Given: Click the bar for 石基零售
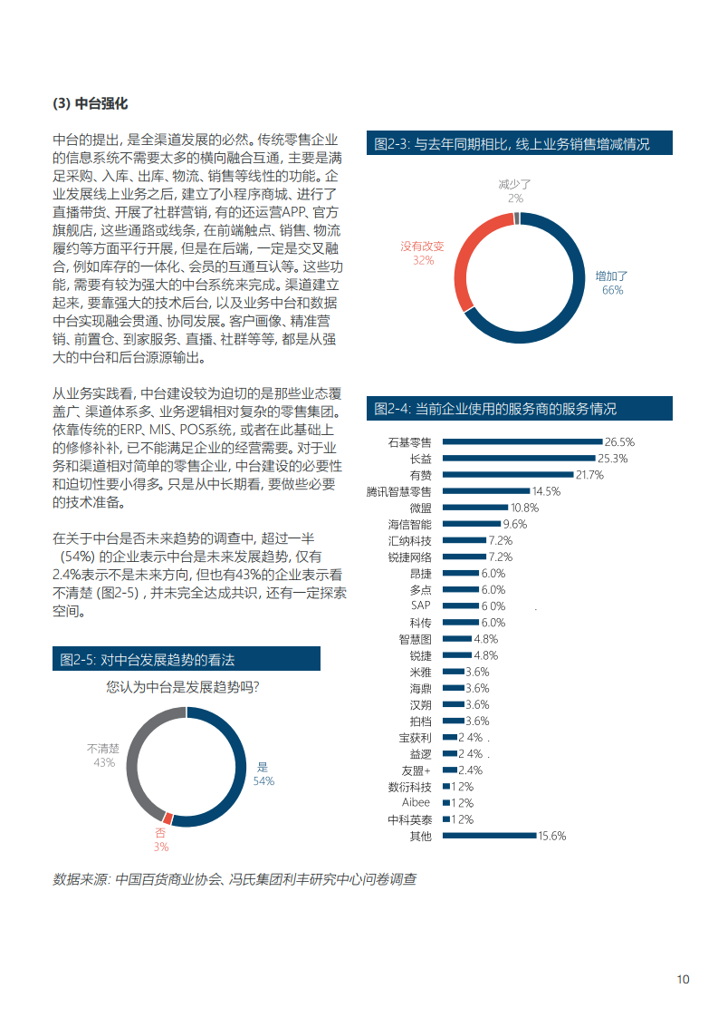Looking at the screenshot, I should [522, 441].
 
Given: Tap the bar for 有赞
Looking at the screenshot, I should [509, 475].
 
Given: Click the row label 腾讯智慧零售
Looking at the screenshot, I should [399, 491].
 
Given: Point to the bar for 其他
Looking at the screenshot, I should [490, 836].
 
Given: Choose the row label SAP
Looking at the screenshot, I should [421, 605].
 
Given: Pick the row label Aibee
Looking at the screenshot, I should [416, 803].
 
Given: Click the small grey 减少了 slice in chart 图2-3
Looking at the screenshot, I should [516, 218].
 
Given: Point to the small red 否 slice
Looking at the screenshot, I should [168, 818].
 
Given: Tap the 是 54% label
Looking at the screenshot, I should [263, 773].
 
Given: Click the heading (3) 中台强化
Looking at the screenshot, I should [91, 103].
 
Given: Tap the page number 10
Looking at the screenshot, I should [683, 979].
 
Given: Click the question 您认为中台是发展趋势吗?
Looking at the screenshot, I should [183, 687].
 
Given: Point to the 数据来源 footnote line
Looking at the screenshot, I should [235, 879].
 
